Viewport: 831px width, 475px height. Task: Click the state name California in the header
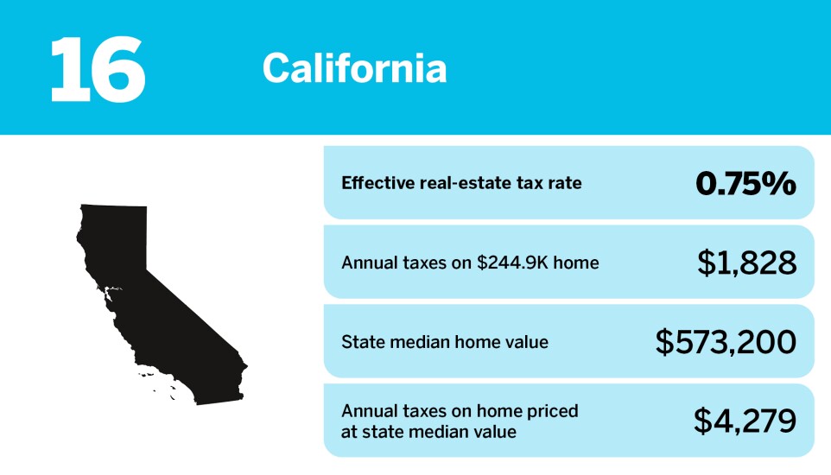coord(354,68)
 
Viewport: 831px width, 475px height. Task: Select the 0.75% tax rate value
coord(745,183)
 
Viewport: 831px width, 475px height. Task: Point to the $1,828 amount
coord(746,263)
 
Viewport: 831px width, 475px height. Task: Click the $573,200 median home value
coord(726,342)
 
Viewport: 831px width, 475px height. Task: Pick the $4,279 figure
coord(745,421)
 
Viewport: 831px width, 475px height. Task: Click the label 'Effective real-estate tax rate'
coord(461,183)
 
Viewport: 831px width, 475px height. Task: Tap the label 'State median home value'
coord(445,342)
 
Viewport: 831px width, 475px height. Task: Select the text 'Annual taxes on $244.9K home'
coord(470,263)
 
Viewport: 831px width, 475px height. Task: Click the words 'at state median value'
coord(428,431)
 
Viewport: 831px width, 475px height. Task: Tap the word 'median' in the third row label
coord(419,342)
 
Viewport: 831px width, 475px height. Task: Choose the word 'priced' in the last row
coord(555,411)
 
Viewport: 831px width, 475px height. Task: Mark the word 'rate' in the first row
coord(565,183)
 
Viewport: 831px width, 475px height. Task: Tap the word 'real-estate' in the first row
coord(462,183)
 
